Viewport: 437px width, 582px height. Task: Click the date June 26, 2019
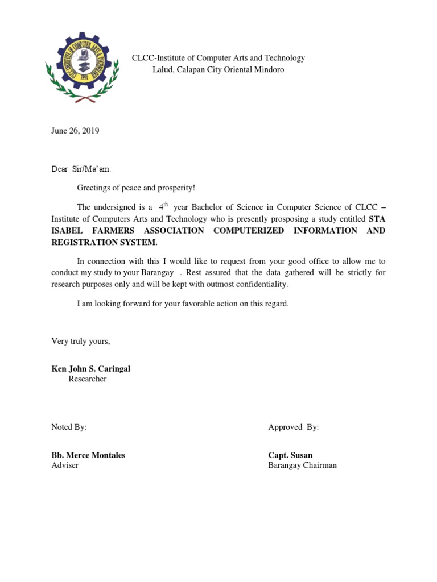[75, 131]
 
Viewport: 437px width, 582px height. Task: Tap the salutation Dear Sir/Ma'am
[81, 169]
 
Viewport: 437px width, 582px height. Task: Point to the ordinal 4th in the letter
[163, 207]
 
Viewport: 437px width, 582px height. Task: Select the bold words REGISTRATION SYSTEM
[104, 243]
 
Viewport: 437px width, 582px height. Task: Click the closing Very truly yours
[80, 341]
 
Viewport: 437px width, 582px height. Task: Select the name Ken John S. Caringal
[90, 369]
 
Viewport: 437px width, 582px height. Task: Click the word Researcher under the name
[87, 379]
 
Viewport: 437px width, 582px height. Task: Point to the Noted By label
[69, 427]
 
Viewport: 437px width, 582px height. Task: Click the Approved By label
[293, 427]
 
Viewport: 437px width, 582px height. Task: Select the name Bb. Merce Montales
[88, 455]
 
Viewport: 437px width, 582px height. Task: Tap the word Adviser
[65, 465]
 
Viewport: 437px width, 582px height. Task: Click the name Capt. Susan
[290, 455]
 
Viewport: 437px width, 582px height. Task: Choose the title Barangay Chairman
[302, 465]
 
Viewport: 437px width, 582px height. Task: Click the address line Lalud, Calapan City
[218, 70]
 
